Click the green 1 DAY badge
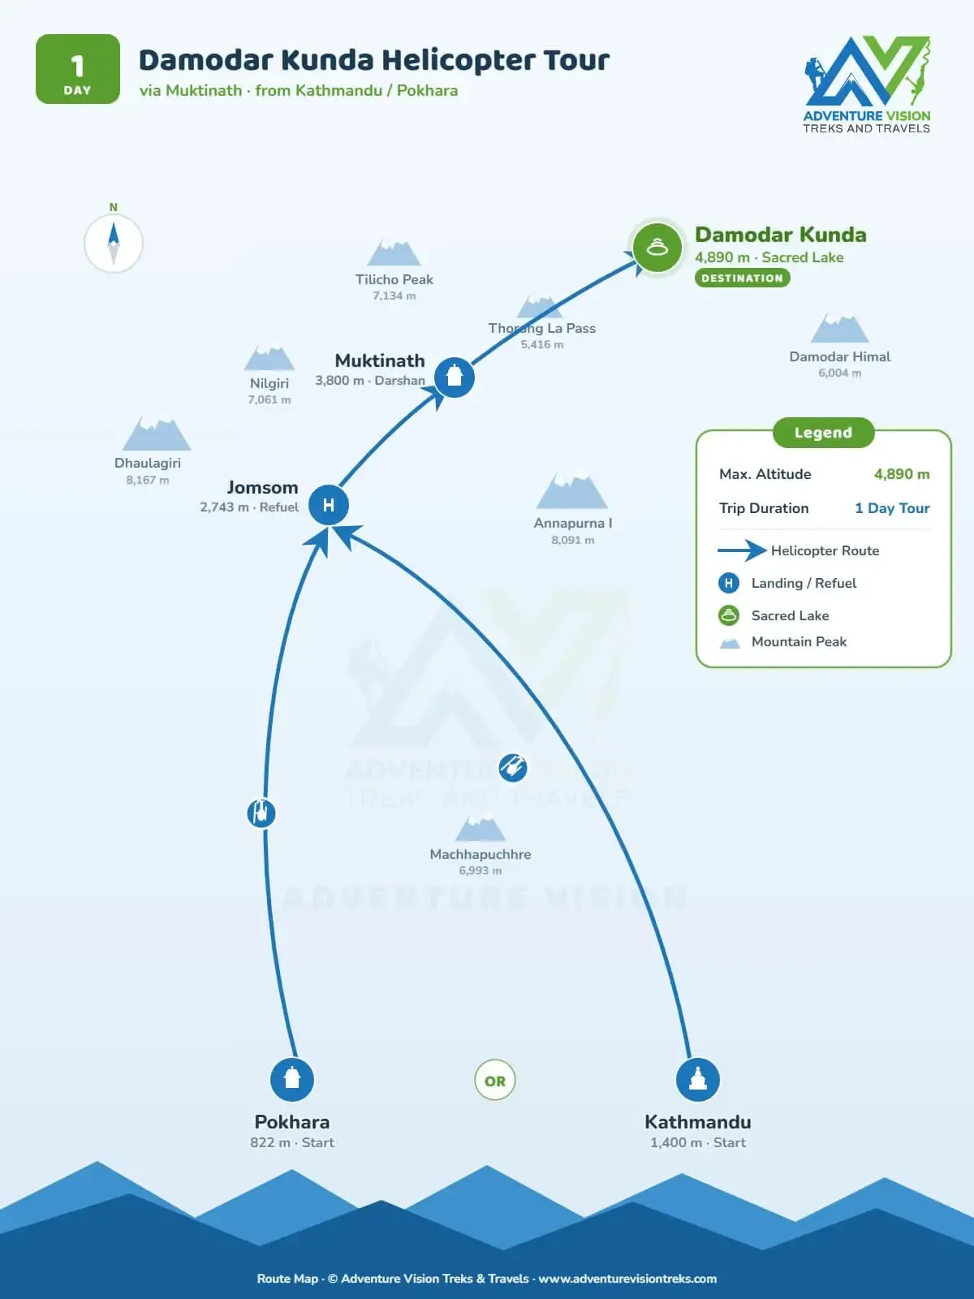click(77, 69)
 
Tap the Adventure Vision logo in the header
click(866, 84)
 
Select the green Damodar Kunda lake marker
click(657, 248)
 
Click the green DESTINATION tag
click(742, 278)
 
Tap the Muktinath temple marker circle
click(455, 377)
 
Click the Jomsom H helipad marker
click(328, 505)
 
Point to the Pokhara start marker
click(291, 1079)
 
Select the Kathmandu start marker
click(698, 1079)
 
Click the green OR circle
click(495, 1080)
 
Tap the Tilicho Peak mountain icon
click(394, 252)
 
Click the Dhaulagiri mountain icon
click(156, 434)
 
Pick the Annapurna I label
click(572, 523)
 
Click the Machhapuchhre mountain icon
click(481, 829)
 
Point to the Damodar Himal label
click(840, 356)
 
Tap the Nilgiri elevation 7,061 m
click(269, 399)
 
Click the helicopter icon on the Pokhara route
click(261, 813)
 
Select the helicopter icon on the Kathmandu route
click(513, 768)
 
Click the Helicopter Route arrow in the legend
click(742, 550)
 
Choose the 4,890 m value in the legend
click(902, 474)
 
